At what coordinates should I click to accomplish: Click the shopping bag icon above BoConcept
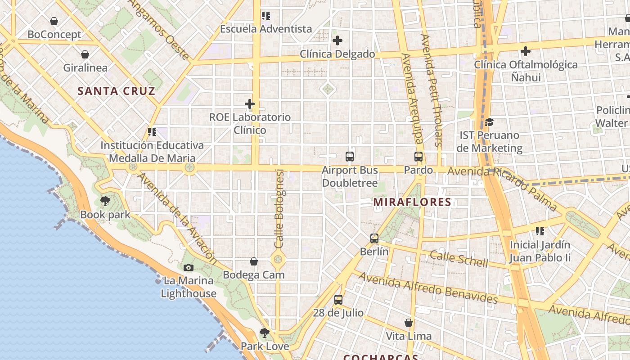(x=54, y=21)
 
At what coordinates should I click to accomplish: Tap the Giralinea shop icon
(x=85, y=55)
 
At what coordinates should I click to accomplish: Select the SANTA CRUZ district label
(x=117, y=91)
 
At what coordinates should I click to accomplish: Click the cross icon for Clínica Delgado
(x=337, y=41)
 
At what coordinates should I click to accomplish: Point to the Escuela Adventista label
(x=266, y=29)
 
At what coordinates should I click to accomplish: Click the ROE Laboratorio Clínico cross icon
(x=250, y=104)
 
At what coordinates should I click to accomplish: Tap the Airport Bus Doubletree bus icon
(x=350, y=157)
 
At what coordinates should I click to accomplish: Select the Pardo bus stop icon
(x=418, y=157)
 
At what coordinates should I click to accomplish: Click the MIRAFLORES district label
(x=412, y=202)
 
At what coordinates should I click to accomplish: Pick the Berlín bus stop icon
(x=374, y=238)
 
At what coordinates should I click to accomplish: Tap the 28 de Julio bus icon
(x=338, y=299)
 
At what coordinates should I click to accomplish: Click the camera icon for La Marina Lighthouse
(x=189, y=268)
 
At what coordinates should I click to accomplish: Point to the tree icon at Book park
(x=105, y=201)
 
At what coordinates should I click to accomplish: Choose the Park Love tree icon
(x=265, y=333)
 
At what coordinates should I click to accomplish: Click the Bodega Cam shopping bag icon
(x=254, y=261)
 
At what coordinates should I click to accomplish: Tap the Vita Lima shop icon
(x=409, y=323)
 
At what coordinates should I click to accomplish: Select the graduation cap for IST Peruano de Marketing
(x=490, y=122)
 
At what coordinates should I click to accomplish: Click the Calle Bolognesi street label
(x=279, y=208)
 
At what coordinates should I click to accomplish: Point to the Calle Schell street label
(x=459, y=259)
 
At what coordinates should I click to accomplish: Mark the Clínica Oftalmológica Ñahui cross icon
(x=525, y=51)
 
